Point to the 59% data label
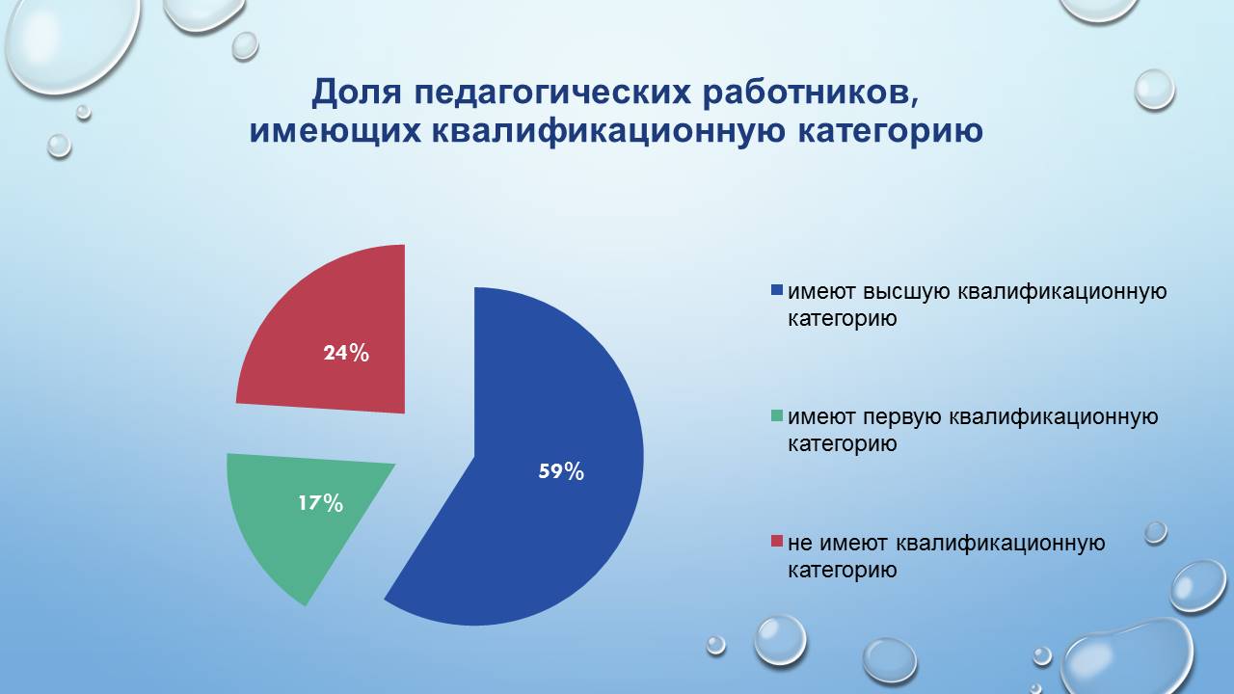pyautogui.click(x=560, y=471)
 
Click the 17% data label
pyautogui.click(x=320, y=502)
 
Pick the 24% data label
pyautogui.click(x=346, y=353)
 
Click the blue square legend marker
pyautogui.click(x=777, y=291)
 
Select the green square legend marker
pyautogui.click(x=777, y=417)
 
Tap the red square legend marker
pyautogui.click(x=777, y=544)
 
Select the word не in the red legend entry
pyautogui.click(x=799, y=544)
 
